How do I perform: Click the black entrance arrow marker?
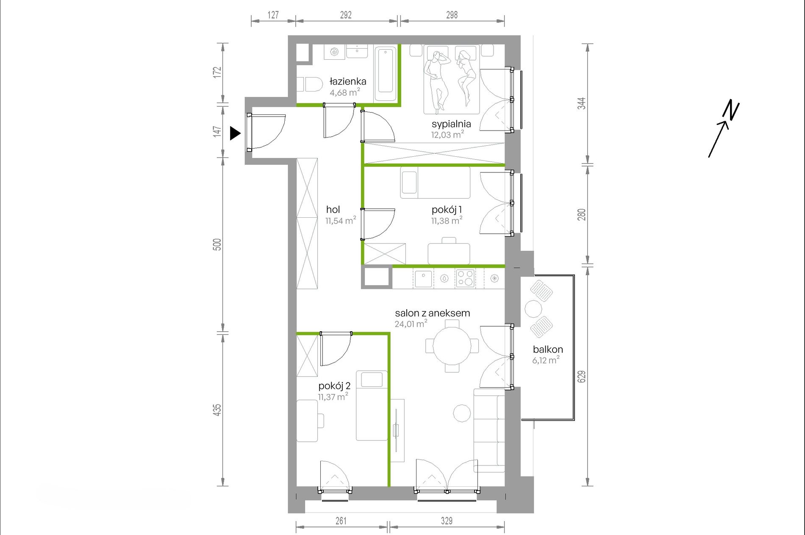[235, 133]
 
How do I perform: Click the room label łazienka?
[348, 81]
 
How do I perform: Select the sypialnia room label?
[451, 124]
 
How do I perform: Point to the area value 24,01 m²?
[411, 324]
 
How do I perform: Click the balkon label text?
[548, 349]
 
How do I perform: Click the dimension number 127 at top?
[273, 15]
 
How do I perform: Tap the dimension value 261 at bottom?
[341, 521]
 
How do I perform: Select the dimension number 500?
[217, 245]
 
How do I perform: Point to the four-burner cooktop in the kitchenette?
[465, 278]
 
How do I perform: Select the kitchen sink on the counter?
[423, 279]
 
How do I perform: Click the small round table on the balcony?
[533, 308]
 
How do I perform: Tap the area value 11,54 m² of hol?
[341, 220]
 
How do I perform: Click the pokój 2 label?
[334, 386]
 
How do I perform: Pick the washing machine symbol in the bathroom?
[334, 52]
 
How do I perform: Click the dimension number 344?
[582, 103]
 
